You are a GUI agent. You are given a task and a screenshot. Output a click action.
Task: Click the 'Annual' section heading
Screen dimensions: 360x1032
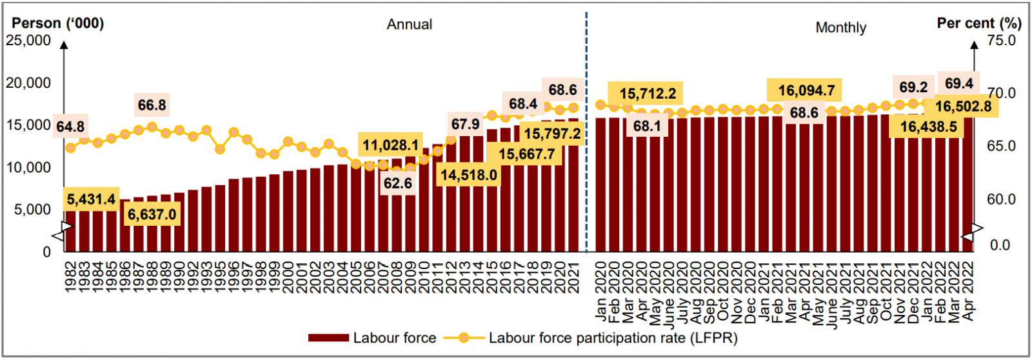409,25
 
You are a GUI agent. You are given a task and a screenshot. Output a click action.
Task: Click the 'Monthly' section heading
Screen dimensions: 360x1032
840,28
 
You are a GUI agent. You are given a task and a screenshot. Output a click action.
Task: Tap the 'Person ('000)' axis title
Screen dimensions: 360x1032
57,23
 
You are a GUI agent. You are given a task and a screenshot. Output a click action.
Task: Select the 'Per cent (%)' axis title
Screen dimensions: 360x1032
978,23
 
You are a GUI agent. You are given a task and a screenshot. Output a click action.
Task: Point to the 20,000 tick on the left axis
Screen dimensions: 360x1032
28,83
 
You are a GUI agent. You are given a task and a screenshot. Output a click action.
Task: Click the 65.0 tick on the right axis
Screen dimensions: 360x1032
1001,146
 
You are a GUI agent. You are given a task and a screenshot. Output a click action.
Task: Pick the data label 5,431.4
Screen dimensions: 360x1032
91,199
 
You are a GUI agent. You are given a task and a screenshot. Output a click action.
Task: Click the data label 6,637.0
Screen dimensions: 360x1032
152,215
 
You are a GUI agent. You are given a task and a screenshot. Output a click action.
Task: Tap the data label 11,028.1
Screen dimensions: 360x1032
390,145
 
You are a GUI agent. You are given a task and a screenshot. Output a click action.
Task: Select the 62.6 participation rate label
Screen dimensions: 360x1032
397,183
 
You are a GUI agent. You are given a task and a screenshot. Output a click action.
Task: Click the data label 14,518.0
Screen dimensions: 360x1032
468,175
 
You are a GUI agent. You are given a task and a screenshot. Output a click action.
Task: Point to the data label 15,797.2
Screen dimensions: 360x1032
552,134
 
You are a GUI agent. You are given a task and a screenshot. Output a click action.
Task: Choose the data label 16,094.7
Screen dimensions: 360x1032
806,91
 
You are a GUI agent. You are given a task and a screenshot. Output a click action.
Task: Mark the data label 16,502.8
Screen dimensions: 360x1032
963,106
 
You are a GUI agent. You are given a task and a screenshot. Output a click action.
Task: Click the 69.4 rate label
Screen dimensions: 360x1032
958,84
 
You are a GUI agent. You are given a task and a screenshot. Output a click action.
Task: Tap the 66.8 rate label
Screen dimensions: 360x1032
152,105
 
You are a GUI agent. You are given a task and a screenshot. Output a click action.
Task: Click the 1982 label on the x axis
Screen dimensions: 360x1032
70,277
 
